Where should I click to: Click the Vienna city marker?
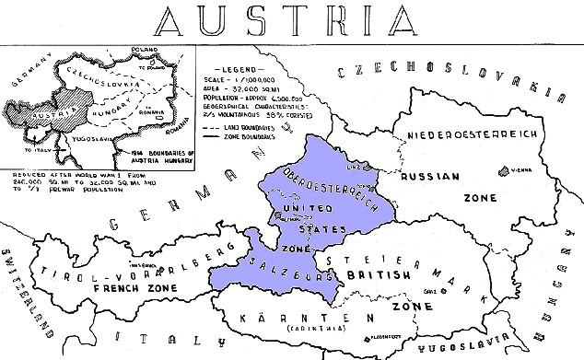tap(501, 169)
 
